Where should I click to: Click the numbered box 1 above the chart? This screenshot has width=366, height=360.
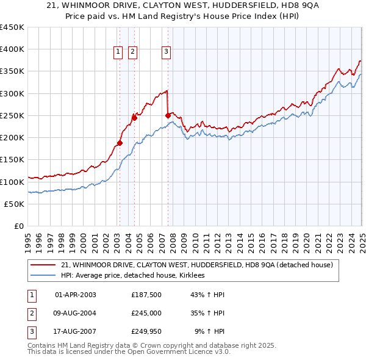[118, 52]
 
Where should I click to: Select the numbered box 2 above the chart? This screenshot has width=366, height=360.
[132, 52]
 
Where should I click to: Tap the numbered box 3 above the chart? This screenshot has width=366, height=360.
[166, 52]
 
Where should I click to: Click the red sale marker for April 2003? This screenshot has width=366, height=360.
[120, 143]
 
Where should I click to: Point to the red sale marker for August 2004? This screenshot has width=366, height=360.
[135, 118]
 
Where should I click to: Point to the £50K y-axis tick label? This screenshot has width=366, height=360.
[15, 204]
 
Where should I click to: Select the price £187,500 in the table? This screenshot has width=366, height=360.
[146, 295]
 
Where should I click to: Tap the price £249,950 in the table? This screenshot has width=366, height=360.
[146, 333]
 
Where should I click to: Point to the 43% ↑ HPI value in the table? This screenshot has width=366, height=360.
[207, 295]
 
